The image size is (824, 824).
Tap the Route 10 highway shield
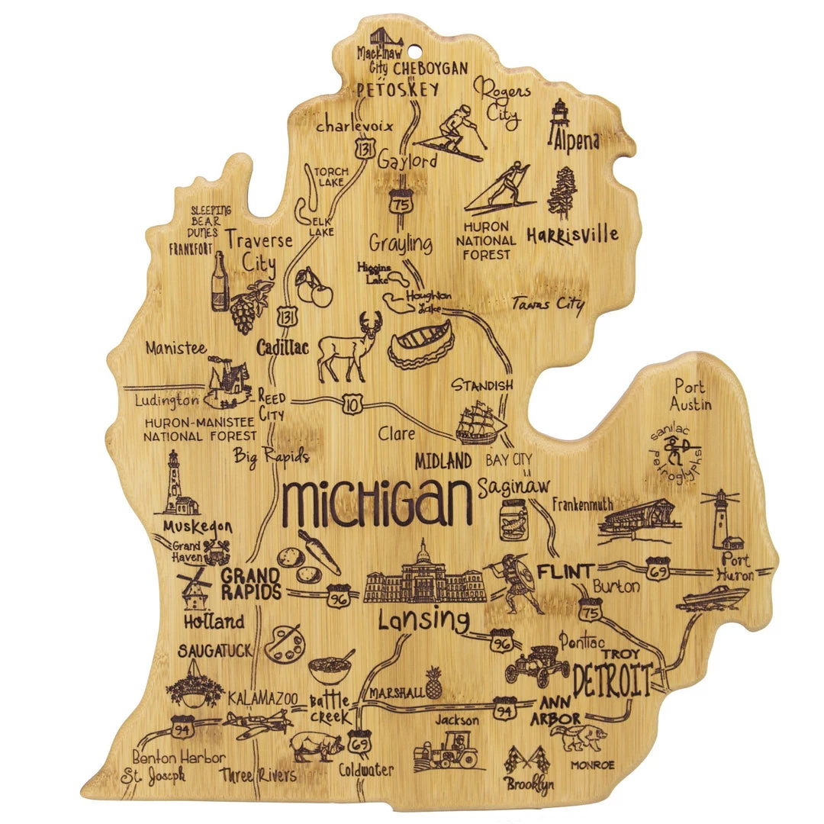tap(352, 406)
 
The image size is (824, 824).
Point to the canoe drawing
tap(421, 345)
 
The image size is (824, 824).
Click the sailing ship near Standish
tap(481, 422)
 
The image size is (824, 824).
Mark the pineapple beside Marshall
tap(434, 683)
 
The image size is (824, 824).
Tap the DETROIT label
tap(613, 679)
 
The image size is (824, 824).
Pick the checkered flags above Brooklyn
tap(526, 759)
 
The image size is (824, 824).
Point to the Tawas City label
tap(549, 304)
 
